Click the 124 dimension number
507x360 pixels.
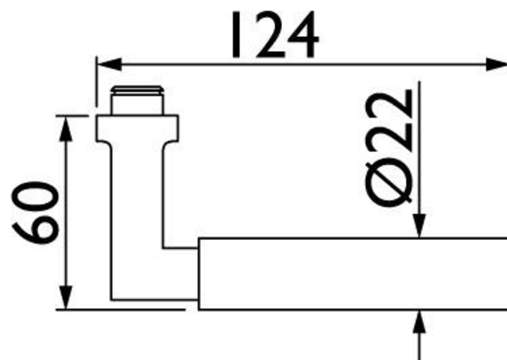click(x=274, y=34)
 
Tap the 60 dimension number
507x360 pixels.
click(x=35, y=213)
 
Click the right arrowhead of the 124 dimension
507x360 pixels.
click(x=496, y=64)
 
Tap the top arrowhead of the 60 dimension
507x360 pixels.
click(x=66, y=128)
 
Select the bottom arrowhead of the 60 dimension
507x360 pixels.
click(x=66, y=297)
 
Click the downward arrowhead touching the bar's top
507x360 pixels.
click(x=419, y=226)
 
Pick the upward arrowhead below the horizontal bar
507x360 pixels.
click(x=419, y=322)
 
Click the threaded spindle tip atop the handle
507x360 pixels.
click(x=137, y=100)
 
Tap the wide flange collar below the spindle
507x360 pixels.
click(x=137, y=128)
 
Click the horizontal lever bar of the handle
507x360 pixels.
click(x=352, y=274)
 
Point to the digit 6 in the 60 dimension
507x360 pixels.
click(x=35, y=229)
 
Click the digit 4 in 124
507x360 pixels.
click(x=301, y=35)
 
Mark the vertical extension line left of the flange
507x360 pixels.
click(x=96, y=81)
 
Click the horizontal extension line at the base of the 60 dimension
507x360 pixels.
click(x=120, y=310)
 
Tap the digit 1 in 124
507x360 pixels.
click(x=235, y=35)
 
